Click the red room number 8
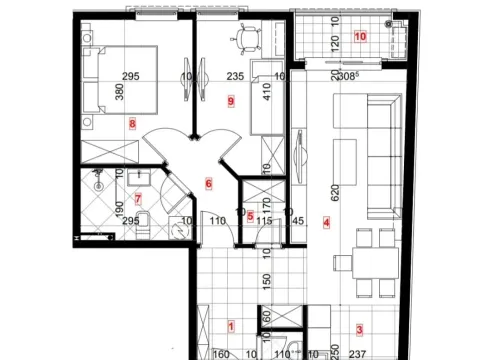click(x=132, y=124)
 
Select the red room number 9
click(x=231, y=101)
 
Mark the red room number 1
click(x=231, y=325)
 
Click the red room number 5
click(x=250, y=216)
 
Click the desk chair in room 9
click(x=247, y=39)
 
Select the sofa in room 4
click(x=382, y=155)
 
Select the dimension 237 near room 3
click(x=359, y=353)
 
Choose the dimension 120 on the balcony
click(x=336, y=40)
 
